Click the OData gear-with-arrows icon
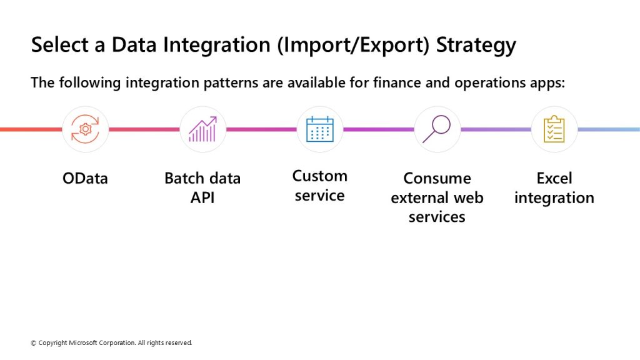pyautogui.click(x=85, y=129)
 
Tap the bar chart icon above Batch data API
pyautogui.click(x=202, y=129)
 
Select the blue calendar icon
pyautogui.click(x=320, y=129)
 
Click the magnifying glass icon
pyautogui.click(x=436, y=129)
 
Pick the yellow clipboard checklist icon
pyautogui.click(x=554, y=129)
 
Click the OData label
pyautogui.click(x=85, y=178)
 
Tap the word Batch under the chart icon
pyautogui.click(x=184, y=178)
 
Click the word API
pyautogui.click(x=202, y=197)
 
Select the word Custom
pyautogui.click(x=320, y=176)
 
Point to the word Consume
pyautogui.click(x=437, y=178)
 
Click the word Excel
pyautogui.click(x=554, y=178)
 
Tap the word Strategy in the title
pyautogui.click(x=476, y=45)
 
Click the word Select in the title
pyautogui.click(x=59, y=44)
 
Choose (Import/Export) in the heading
pyautogui.click(x=354, y=45)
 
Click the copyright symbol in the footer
pyautogui.click(x=34, y=343)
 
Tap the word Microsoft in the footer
pyautogui.click(x=83, y=343)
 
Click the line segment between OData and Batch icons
pyautogui.click(x=144, y=129)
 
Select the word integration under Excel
pyautogui.click(x=554, y=198)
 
